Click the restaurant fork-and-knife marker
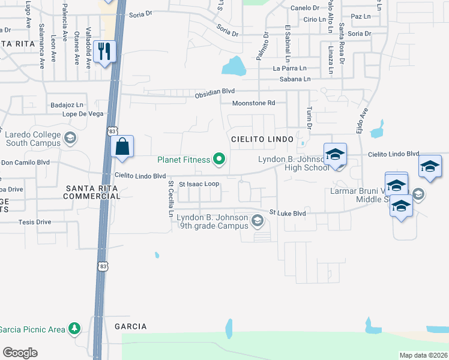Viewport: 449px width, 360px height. tap(105, 51)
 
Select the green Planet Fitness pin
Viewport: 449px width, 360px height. tap(220, 159)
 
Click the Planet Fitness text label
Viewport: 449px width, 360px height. tap(184, 160)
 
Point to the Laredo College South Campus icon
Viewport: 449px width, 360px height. tap(70, 139)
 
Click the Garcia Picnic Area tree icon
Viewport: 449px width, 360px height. tap(74, 329)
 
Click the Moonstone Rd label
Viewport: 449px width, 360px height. tap(254, 103)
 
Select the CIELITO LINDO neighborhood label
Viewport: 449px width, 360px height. tap(262, 139)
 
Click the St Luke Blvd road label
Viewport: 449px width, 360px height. tap(288, 213)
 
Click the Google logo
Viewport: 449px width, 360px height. tap(20, 352)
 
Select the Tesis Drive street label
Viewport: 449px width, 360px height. tap(19, 222)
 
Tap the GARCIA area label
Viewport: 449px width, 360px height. tap(130, 326)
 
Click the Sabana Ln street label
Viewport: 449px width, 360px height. tap(294, 79)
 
